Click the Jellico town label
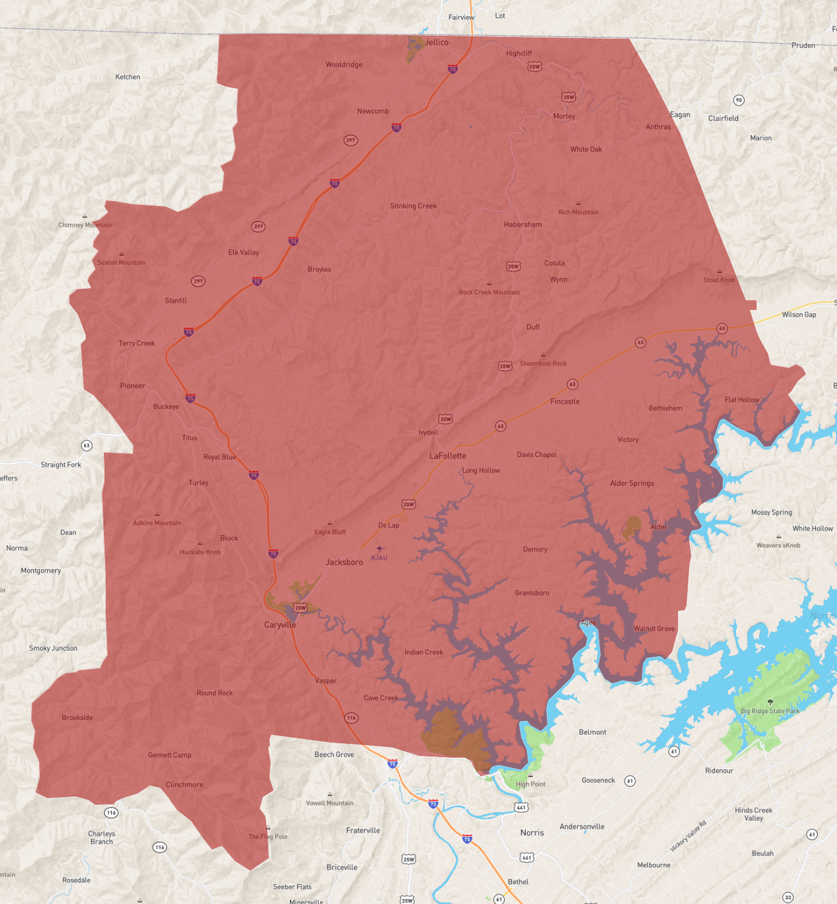(436, 42)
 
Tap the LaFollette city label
(448, 456)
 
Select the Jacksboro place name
(344, 562)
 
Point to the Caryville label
(280, 625)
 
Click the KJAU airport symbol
(380, 549)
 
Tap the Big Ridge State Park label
(770, 711)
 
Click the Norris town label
(532, 833)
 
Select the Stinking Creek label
(413, 206)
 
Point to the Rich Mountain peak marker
(578, 204)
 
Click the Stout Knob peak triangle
(719, 271)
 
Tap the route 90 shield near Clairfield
(738, 100)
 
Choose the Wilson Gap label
(799, 315)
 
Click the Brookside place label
(77, 718)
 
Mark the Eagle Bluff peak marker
(330, 523)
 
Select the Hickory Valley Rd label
(688, 836)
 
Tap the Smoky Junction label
(53, 648)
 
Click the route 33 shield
(788, 897)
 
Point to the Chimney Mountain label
(85, 225)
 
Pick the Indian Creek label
(424, 653)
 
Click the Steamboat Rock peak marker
(543, 355)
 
